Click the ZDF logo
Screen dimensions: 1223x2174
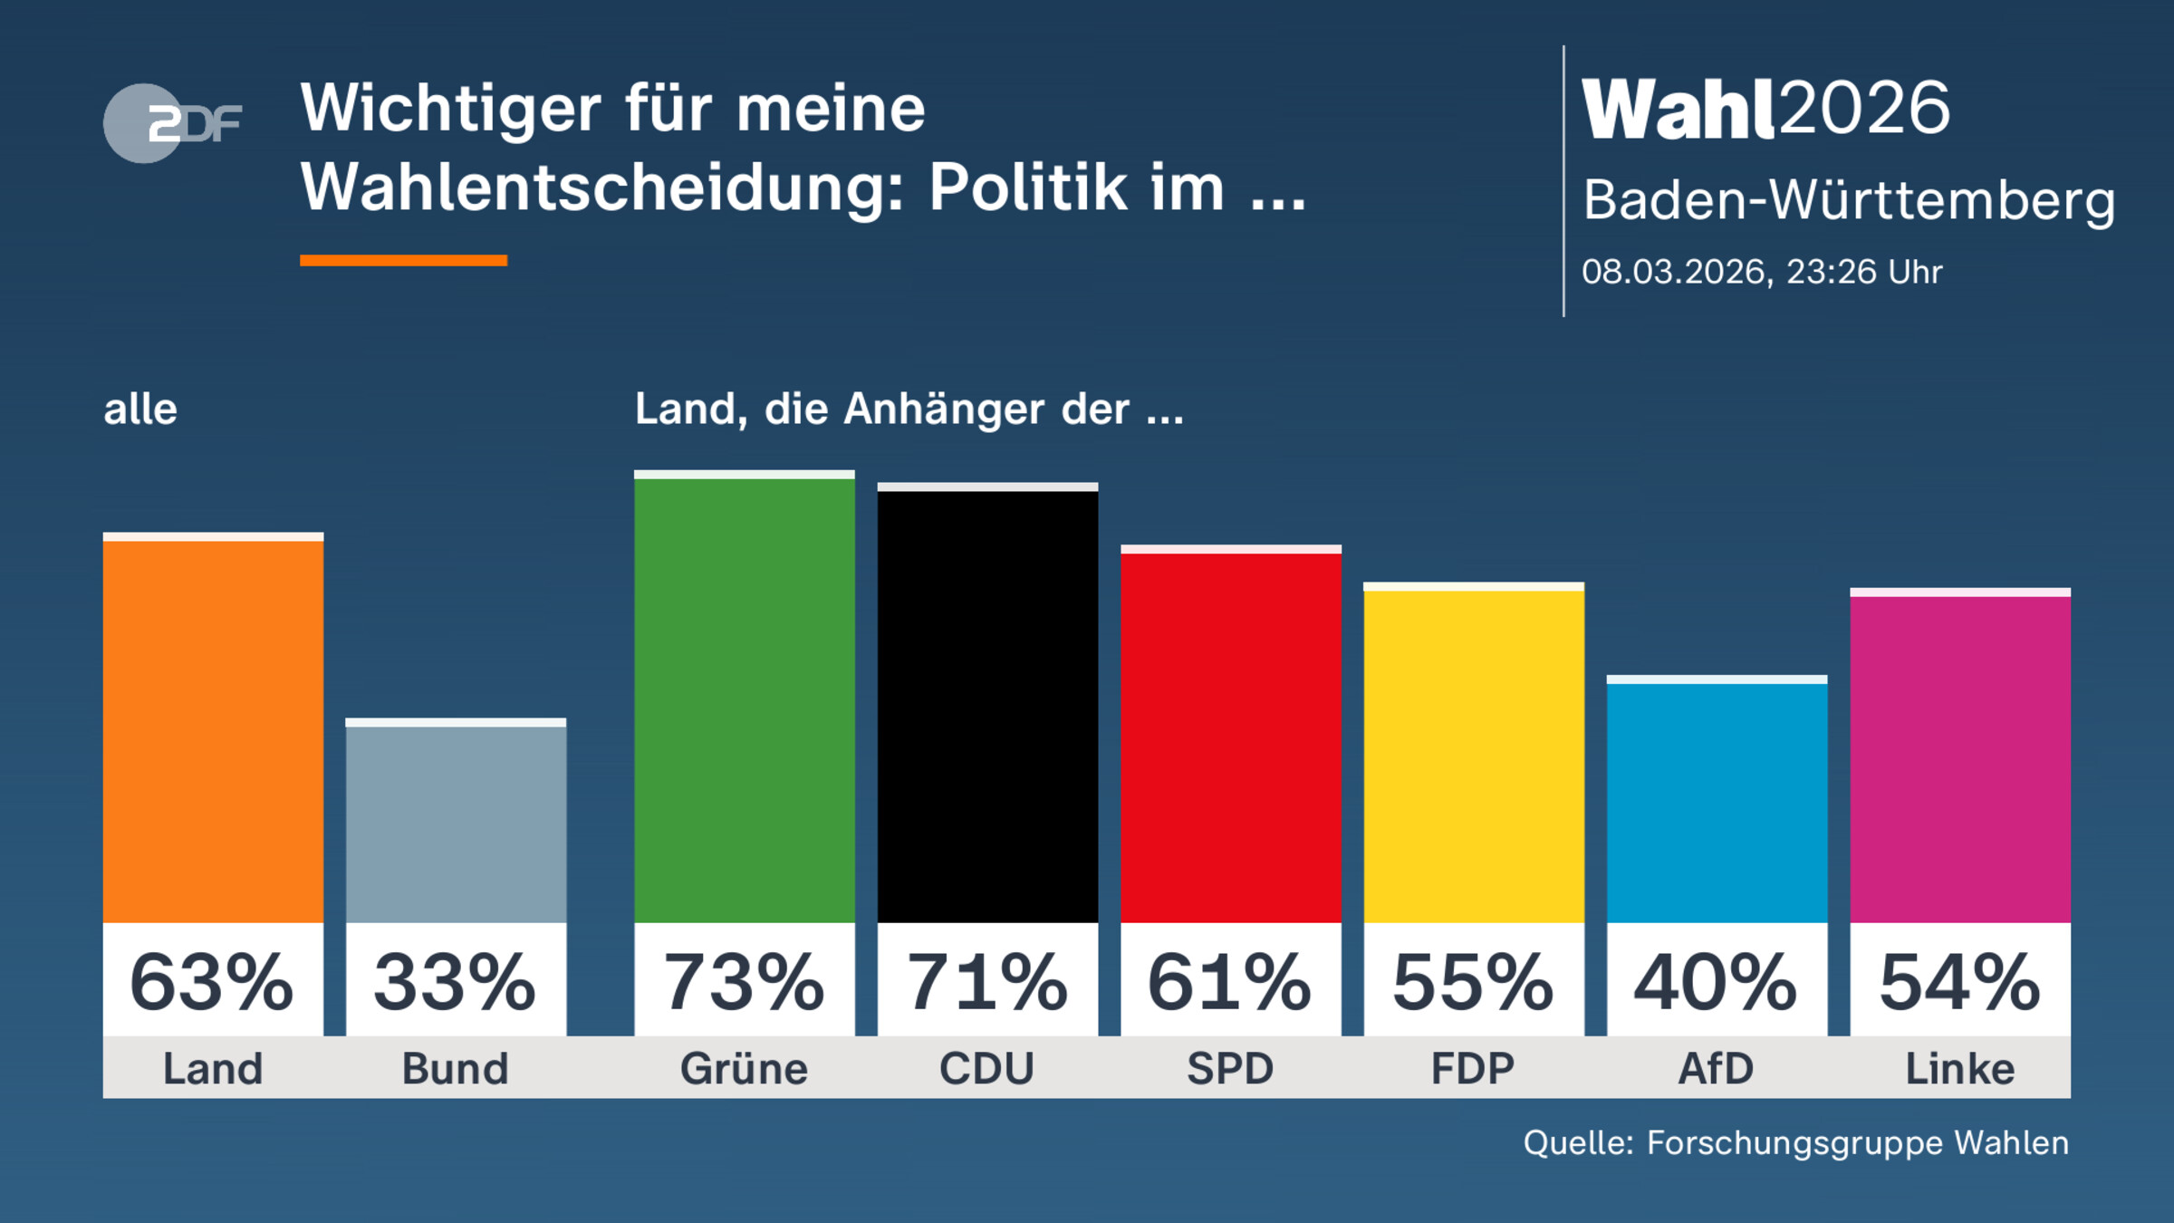click(172, 123)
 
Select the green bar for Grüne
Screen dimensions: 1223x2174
click(744, 698)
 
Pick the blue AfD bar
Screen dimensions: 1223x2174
click(1717, 802)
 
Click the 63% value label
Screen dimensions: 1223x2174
click(213, 982)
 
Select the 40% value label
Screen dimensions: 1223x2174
click(1717, 982)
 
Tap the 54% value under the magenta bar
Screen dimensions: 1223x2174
click(1959, 982)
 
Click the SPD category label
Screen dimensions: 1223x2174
click(1230, 1069)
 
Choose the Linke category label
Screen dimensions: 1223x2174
click(1959, 1069)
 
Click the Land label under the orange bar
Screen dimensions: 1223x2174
click(213, 1069)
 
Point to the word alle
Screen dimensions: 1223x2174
click(140, 409)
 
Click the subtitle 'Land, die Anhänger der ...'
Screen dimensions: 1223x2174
click(909, 409)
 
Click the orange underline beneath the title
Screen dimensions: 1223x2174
click(403, 261)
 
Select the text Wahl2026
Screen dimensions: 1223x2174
click(1765, 109)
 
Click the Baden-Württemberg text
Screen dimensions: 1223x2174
click(1849, 199)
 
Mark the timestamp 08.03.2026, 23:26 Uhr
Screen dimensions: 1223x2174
click(1762, 272)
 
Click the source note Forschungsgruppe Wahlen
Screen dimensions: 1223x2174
click(1857, 1143)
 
